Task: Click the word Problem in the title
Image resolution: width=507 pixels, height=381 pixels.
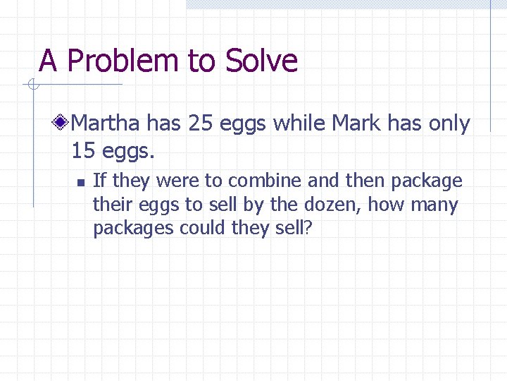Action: [124, 61]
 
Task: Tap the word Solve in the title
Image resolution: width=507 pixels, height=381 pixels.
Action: [261, 61]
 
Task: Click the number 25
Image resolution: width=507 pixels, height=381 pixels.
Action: [201, 124]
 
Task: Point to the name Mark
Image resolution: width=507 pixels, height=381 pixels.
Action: [355, 124]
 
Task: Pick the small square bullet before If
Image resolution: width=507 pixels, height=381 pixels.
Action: [81, 183]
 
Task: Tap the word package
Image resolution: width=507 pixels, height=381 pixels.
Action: [427, 181]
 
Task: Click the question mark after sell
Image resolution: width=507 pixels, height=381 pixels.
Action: [307, 229]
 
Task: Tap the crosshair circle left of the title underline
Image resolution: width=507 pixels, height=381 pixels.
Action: [32, 85]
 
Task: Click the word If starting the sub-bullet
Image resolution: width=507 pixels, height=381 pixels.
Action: [100, 181]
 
